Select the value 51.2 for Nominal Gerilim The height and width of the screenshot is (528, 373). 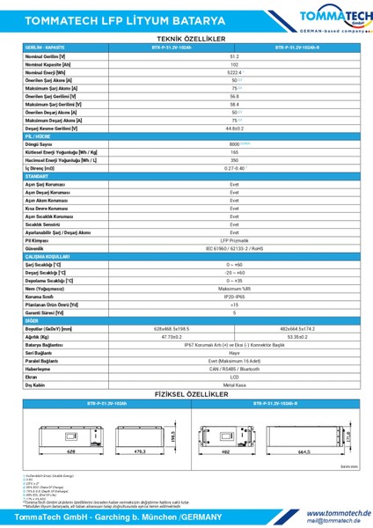point(235,56)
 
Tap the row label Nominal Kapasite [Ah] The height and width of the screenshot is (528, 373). point(45,64)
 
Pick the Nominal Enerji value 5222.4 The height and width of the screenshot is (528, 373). point(235,72)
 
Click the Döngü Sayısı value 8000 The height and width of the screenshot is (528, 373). point(235,143)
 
